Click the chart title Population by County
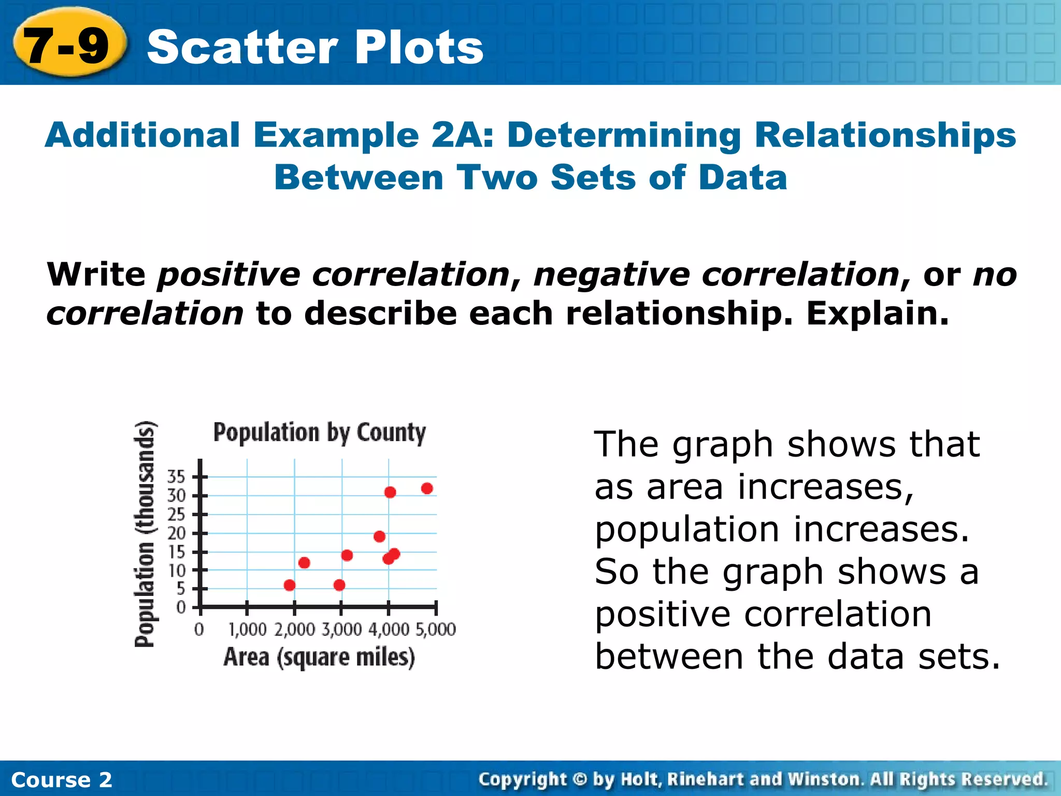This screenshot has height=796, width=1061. [x=319, y=433]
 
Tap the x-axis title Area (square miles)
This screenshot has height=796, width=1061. [x=319, y=657]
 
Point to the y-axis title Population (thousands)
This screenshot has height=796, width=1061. [x=145, y=534]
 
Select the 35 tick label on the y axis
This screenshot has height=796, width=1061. [x=176, y=476]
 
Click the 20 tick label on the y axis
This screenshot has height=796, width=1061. [x=176, y=533]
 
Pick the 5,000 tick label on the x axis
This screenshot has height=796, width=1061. [x=436, y=630]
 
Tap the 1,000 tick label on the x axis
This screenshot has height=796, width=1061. [x=247, y=630]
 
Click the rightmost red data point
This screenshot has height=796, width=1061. [x=427, y=488]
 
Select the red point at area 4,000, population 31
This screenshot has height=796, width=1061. [x=390, y=492]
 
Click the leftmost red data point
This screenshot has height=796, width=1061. [x=290, y=585]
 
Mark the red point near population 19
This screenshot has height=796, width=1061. [x=379, y=536]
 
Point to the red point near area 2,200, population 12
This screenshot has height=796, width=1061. [x=304, y=563]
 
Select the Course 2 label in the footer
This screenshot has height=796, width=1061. [x=61, y=779]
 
